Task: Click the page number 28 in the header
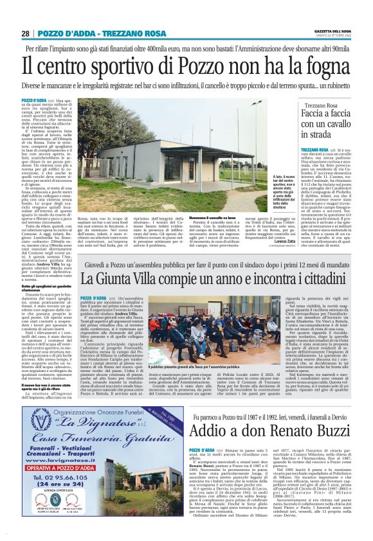[25, 33]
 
